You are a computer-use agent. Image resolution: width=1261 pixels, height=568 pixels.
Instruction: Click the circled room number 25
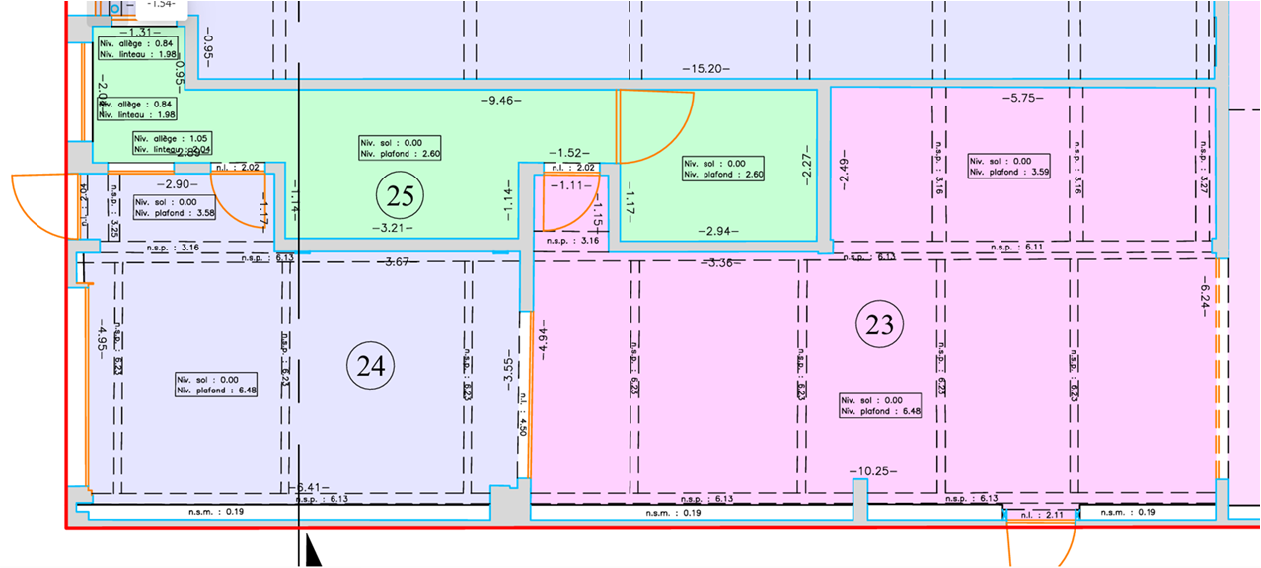400,197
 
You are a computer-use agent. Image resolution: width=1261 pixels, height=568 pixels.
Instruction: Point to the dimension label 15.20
705,69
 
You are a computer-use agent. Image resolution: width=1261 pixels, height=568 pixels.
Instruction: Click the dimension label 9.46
501,100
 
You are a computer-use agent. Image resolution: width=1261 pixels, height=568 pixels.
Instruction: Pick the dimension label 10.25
872,471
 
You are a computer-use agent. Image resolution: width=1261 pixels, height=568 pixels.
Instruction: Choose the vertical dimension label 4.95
102,337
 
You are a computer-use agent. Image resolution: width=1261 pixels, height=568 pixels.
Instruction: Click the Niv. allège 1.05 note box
174,144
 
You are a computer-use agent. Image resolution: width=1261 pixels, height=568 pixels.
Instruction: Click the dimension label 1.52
569,153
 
